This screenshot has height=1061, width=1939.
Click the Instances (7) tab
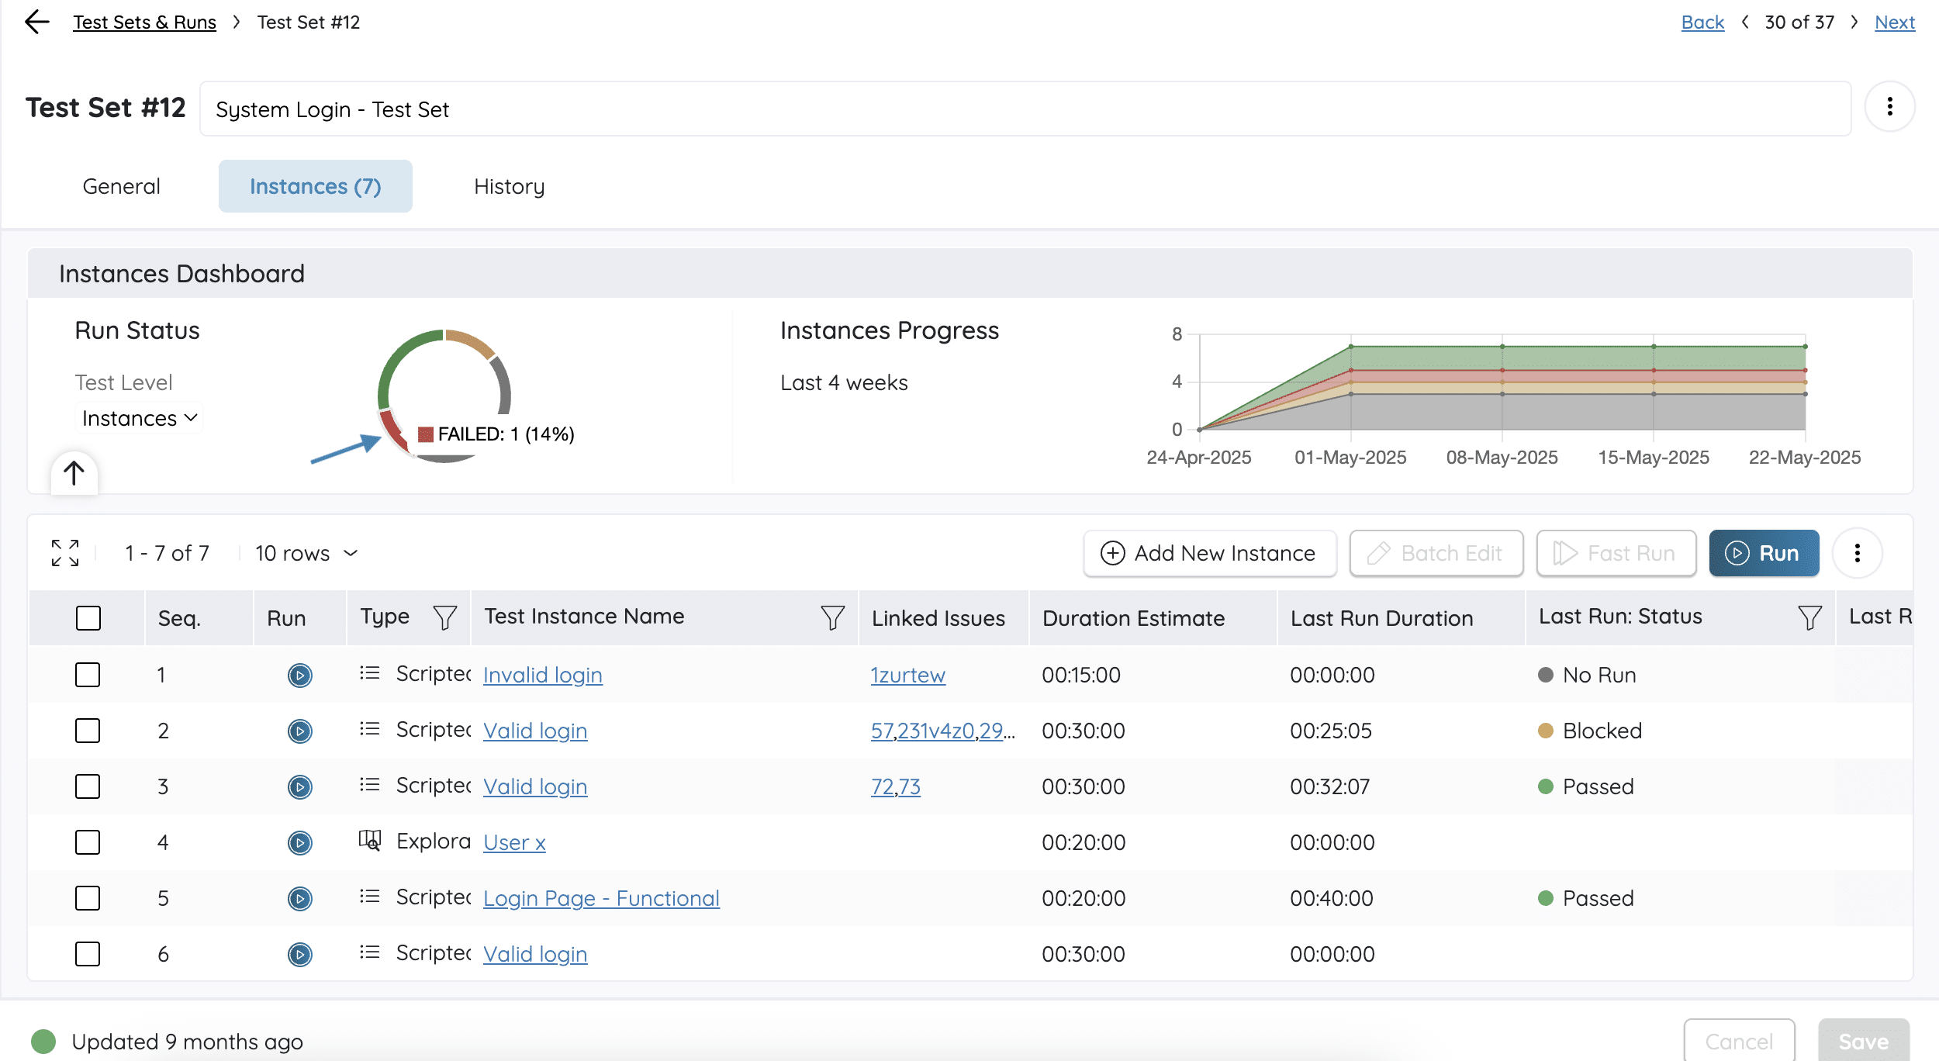(x=315, y=186)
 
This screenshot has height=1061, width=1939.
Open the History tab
(x=509, y=186)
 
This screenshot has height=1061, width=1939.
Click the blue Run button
(x=1764, y=553)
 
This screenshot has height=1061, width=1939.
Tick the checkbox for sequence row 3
(x=88, y=786)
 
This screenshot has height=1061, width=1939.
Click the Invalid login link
(x=543, y=675)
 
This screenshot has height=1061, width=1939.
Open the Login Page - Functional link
(x=601, y=898)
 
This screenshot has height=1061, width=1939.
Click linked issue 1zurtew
(x=908, y=675)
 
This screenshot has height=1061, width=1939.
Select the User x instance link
(x=514, y=842)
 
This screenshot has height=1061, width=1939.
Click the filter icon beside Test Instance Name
(x=832, y=617)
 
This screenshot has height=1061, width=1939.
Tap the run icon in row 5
(x=299, y=898)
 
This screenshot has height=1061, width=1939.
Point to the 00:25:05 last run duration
(x=1331, y=731)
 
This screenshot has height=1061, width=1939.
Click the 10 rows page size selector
(x=306, y=553)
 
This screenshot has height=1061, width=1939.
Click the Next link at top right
(x=1895, y=22)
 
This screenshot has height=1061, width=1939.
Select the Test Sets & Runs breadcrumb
(x=144, y=22)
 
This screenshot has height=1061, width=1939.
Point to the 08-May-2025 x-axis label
(x=1502, y=457)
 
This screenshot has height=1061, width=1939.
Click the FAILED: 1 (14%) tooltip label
(x=506, y=434)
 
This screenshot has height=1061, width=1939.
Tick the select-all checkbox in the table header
(x=88, y=618)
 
